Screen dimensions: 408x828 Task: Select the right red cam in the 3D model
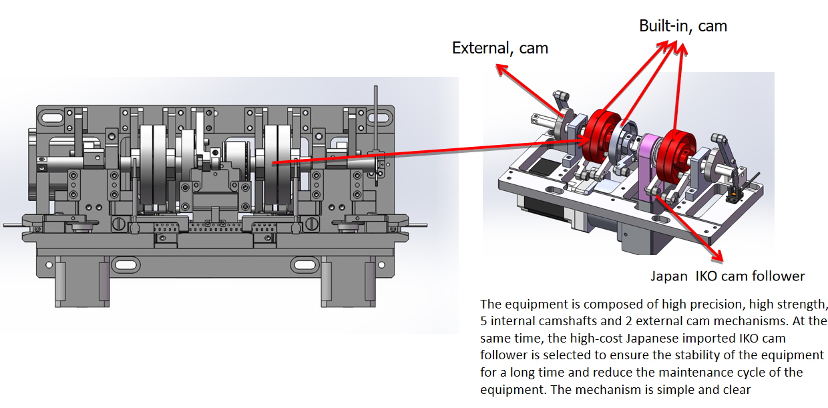point(672,160)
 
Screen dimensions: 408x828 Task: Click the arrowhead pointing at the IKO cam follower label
point(720,257)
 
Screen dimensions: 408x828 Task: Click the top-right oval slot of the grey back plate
point(359,118)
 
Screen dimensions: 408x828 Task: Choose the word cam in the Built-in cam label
point(712,26)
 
